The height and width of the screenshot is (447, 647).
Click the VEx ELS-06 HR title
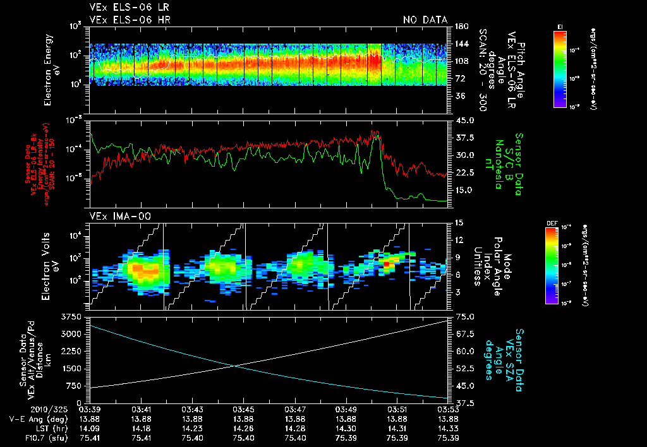(x=130, y=20)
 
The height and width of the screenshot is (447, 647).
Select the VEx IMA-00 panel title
(x=114, y=217)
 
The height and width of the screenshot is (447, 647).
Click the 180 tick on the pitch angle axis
(x=460, y=27)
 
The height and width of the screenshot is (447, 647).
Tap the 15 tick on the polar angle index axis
(x=458, y=223)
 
